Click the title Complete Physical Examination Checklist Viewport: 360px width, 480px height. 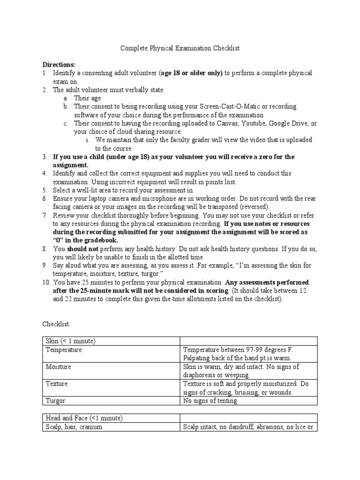click(180, 48)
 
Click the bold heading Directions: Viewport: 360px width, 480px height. click(59, 65)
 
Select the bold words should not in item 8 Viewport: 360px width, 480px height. click(81, 249)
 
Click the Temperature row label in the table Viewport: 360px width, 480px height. click(64, 350)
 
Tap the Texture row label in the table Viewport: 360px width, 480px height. click(57, 383)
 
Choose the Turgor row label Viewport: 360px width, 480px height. click(55, 400)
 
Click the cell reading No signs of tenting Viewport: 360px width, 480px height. click(210, 400)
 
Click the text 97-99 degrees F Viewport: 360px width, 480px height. click(269, 350)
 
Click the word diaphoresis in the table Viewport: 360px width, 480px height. click(200, 375)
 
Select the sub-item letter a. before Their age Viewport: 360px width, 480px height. click(67, 98)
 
